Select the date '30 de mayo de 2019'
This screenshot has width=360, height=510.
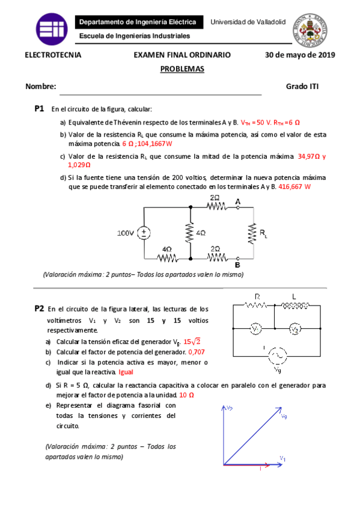[x=300, y=55]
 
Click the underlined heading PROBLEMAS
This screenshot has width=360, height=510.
[x=182, y=69]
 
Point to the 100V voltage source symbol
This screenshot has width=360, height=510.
[x=144, y=233]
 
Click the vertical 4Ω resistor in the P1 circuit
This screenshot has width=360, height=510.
[x=191, y=232]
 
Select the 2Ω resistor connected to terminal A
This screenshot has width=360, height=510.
[x=215, y=206]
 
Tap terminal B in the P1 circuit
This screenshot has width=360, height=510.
[x=237, y=259]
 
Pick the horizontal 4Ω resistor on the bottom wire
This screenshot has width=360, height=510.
[x=166, y=259]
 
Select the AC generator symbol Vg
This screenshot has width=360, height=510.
[x=276, y=356]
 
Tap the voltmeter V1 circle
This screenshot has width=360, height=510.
[x=255, y=329]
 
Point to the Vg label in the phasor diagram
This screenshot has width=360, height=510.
[x=284, y=418]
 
